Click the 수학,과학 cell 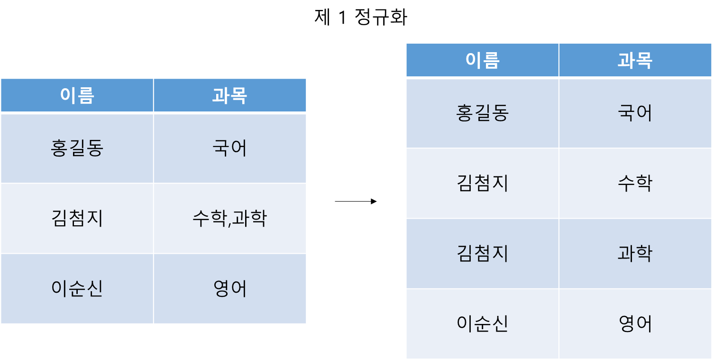[x=229, y=219]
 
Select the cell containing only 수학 [x=635, y=183]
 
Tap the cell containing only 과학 [x=635, y=253]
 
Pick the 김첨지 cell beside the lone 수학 [x=482, y=183]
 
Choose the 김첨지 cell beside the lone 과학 [x=482, y=253]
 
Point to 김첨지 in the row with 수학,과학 [x=77, y=219]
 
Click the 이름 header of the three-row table [x=77, y=95]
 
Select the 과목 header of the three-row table [x=229, y=95]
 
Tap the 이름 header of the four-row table [x=482, y=60]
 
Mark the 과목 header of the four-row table [x=635, y=60]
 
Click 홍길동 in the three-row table [x=77, y=148]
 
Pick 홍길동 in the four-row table [x=482, y=113]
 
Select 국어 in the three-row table [x=229, y=148]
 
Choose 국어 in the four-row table [x=635, y=113]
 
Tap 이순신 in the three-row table [x=77, y=288]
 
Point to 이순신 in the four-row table [x=482, y=324]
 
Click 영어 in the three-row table [x=229, y=288]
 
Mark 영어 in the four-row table [x=635, y=324]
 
